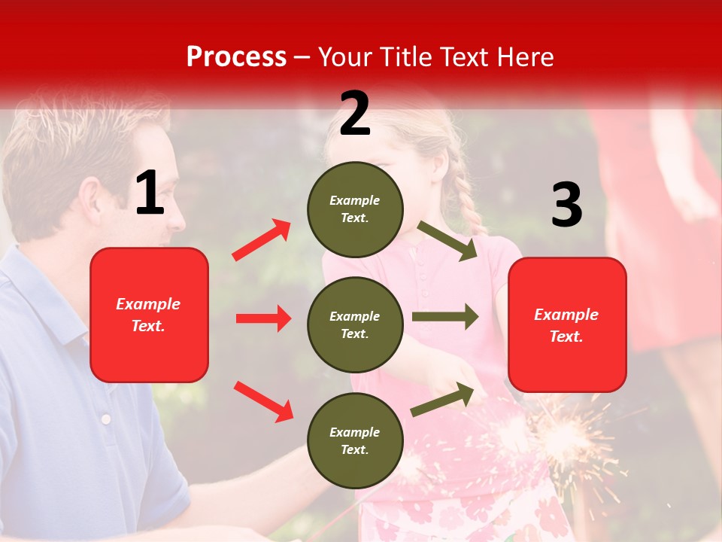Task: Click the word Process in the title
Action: tap(236, 56)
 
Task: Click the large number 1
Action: tap(150, 193)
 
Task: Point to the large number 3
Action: tap(566, 205)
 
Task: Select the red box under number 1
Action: tap(149, 315)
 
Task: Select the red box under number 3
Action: tap(567, 324)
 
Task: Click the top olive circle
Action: tap(355, 209)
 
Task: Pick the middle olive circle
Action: tap(355, 324)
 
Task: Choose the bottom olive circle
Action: tap(355, 440)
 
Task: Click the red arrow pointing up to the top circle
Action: tap(262, 240)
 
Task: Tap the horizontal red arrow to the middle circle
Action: tap(263, 318)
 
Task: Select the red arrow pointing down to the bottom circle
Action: tap(263, 401)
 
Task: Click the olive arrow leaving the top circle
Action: tap(448, 240)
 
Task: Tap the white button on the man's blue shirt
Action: tap(106, 419)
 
